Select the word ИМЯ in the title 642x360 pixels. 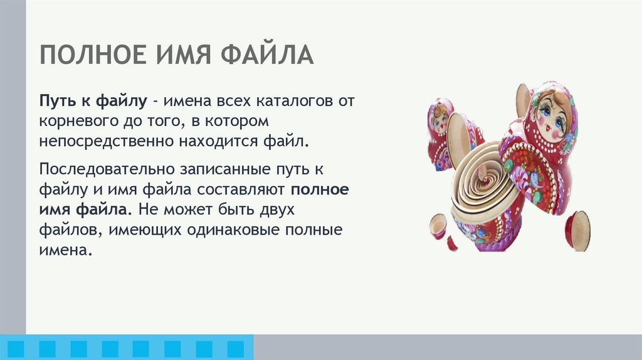pos(183,55)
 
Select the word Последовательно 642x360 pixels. pos(106,169)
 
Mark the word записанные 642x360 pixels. pos(225,169)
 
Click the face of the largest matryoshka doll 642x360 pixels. pos(551,117)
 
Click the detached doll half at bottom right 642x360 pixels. pos(577,230)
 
